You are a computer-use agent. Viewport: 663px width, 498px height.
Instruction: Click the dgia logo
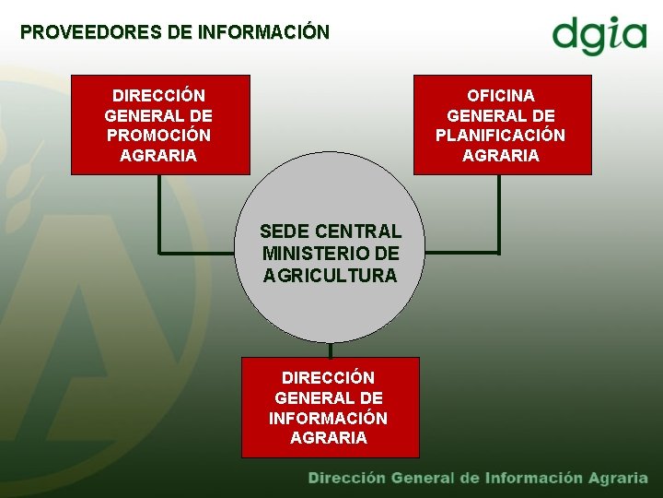(x=599, y=36)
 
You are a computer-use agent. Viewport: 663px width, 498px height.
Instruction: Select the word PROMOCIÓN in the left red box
(x=158, y=136)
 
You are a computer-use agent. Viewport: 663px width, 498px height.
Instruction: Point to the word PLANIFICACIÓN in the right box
(x=500, y=136)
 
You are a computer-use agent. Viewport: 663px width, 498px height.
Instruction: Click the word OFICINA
(x=500, y=96)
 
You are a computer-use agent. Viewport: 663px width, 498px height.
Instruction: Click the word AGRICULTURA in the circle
(x=330, y=275)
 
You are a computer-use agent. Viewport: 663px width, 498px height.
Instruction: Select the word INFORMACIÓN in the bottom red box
(x=328, y=418)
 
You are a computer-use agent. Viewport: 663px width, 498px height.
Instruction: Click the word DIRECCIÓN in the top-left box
(x=158, y=96)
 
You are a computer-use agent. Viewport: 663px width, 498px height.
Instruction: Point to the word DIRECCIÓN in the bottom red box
(x=328, y=378)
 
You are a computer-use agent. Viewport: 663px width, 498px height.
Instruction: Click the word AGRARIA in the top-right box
(x=500, y=156)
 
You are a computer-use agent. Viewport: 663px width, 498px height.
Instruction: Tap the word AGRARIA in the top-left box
(x=158, y=156)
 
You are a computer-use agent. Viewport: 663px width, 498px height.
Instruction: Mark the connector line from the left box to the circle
(x=160, y=221)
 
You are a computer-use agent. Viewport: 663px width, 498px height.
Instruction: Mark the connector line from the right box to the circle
(x=497, y=221)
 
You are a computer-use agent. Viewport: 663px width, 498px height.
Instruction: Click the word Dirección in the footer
(x=346, y=478)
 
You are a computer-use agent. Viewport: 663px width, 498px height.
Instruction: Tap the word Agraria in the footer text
(x=618, y=478)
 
